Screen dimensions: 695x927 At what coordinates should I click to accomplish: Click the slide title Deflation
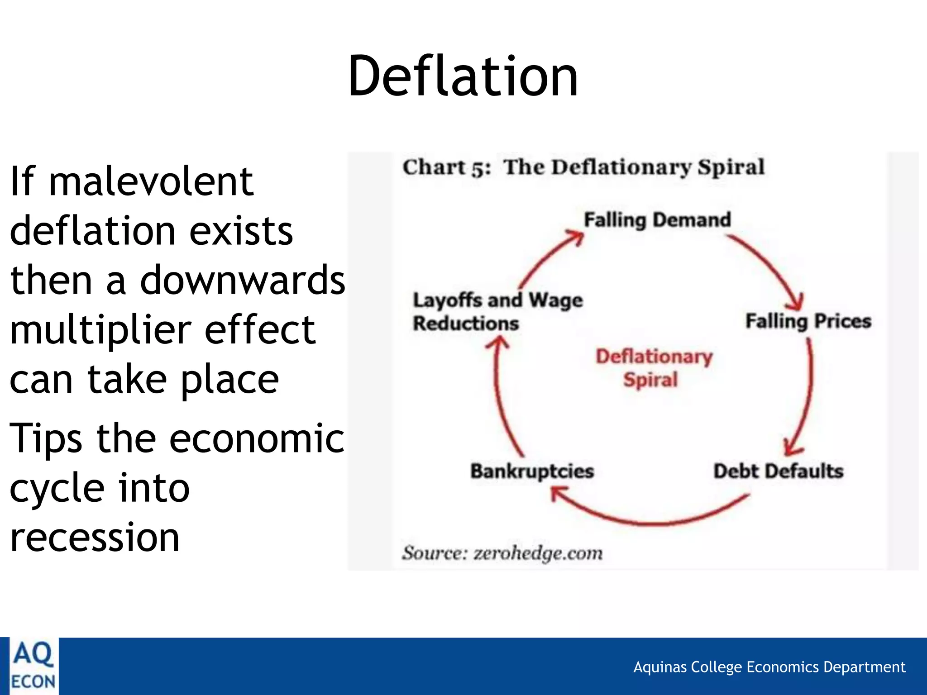coord(463,76)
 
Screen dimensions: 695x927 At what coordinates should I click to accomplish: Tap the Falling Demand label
coord(657,220)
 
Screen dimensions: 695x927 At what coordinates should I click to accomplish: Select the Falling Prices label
coord(808,321)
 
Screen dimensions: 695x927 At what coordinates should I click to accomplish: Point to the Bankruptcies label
coord(532,471)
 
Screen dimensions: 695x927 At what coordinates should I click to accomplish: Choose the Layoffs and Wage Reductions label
coord(497,312)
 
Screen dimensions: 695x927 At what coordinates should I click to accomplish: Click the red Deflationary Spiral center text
coord(654,368)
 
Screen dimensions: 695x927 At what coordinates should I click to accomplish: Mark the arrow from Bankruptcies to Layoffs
coord(500,398)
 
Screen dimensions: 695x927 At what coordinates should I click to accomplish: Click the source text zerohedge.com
coord(538,553)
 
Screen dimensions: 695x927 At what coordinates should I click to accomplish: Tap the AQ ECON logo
coord(33,666)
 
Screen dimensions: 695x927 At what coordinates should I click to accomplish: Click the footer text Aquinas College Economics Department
coord(769,667)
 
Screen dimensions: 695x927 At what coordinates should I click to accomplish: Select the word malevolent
coord(151,181)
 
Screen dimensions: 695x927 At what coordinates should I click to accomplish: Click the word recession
coord(95,537)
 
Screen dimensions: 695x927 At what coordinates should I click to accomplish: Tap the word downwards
coord(243,280)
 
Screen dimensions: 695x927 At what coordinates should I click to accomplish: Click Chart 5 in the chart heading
coord(446,167)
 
